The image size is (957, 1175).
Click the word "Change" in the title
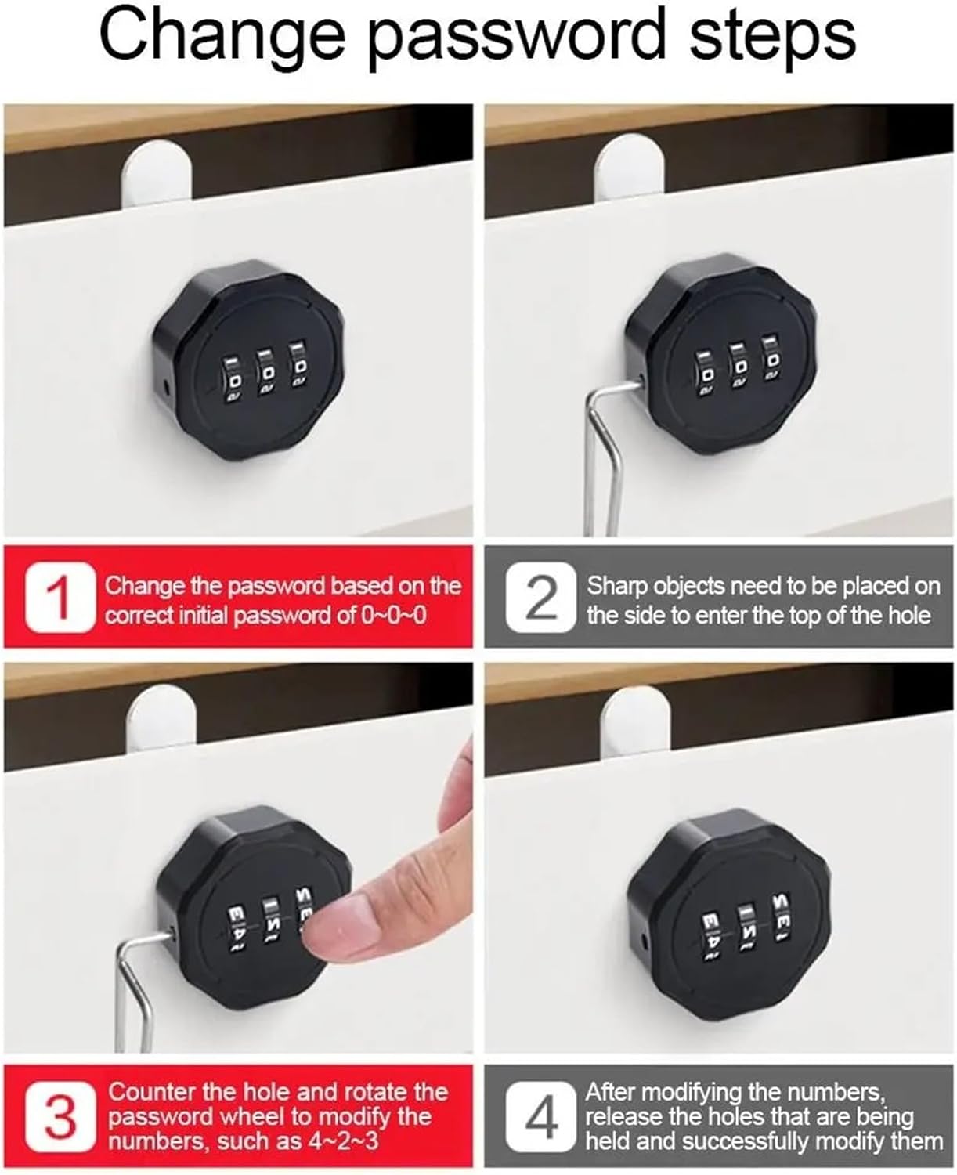pyautogui.click(x=222, y=35)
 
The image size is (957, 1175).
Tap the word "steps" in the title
pyautogui.click(x=772, y=35)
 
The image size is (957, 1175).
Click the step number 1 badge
pyautogui.click(x=60, y=598)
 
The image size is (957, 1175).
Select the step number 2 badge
pyautogui.click(x=541, y=598)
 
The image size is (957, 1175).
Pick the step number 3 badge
pyautogui.click(x=60, y=1117)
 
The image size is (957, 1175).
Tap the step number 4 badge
pyautogui.click(x=541, y=1117)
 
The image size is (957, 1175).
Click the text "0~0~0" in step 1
pyautogui.click(x=393, y=615)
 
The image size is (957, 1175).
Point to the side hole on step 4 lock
pyautogui.click(x=643, y=937)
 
